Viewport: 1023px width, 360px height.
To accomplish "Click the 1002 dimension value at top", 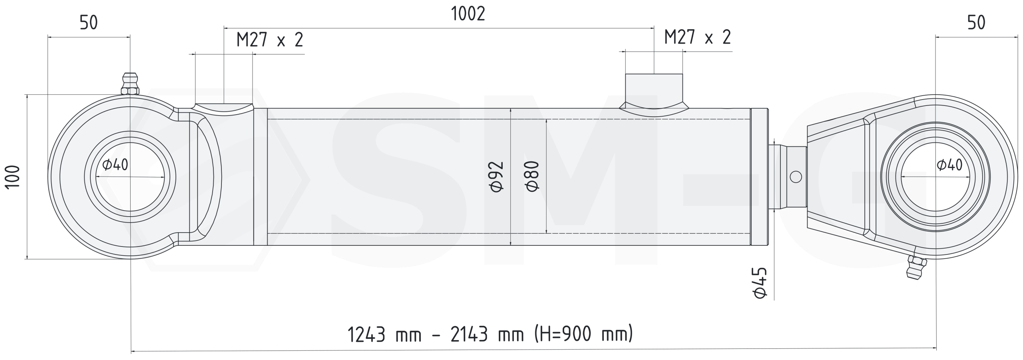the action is coord(468,14).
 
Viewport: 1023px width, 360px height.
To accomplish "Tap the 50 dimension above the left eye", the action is coord(89,23).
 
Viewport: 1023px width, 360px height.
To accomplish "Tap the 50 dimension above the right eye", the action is coord(976,23).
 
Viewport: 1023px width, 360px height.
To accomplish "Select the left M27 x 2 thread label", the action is coord(270,40).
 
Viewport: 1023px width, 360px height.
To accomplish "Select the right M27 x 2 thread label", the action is coord(697,37).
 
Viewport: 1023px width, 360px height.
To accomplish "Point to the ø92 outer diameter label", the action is coord(497,177).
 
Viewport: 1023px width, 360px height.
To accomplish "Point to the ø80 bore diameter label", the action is coord(533,177).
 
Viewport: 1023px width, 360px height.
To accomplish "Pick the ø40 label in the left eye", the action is coord(115,164).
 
